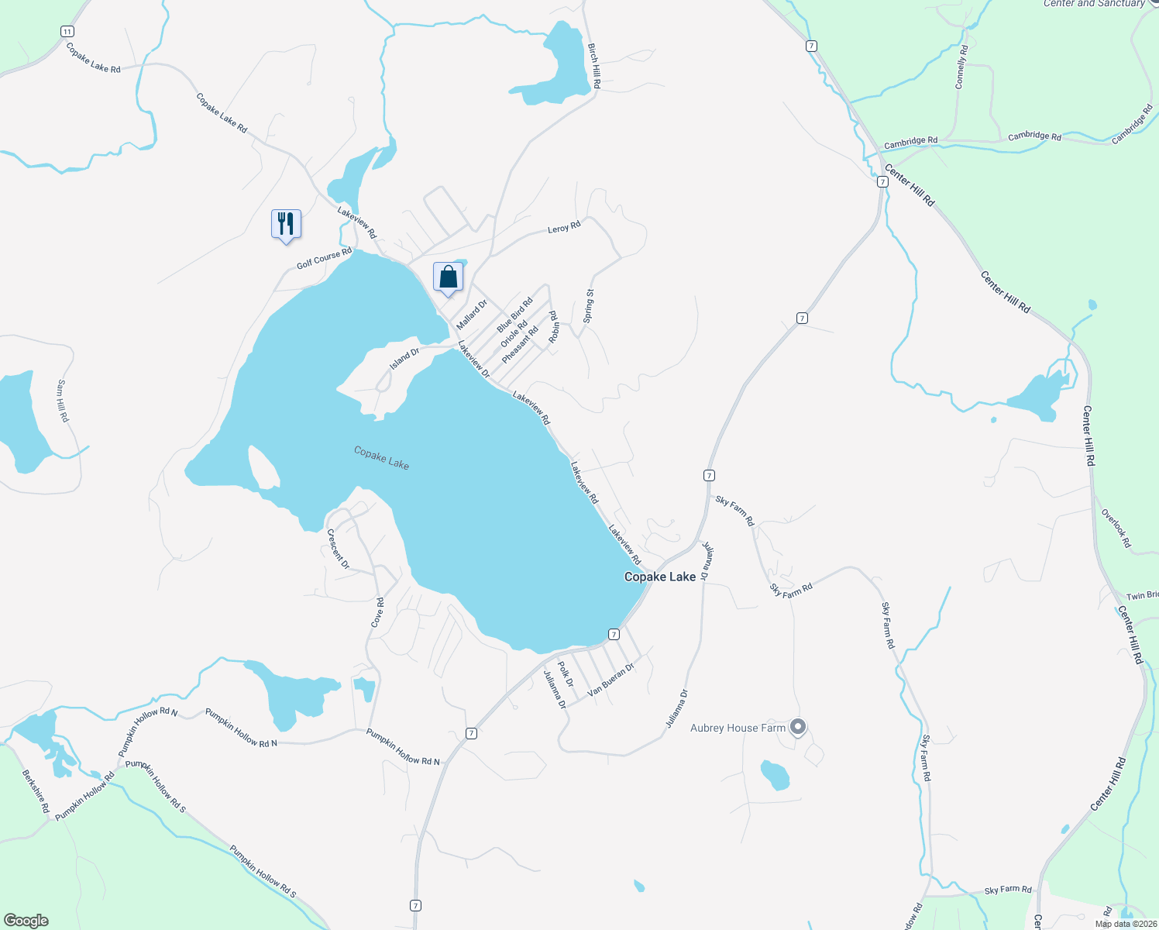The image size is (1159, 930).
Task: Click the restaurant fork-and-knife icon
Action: coord(286,224)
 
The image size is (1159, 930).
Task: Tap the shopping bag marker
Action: coord(448,277)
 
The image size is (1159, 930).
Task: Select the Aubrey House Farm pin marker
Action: coord(799,727)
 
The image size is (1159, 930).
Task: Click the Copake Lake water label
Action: coord(381,457)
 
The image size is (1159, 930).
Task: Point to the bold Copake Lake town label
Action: coord(660,577)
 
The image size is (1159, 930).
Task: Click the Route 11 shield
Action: coord(67,31)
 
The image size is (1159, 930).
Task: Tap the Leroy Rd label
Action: coord(564,228)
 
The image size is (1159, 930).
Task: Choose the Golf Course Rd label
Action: coord(324,259)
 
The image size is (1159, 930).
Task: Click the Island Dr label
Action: coord(404,358)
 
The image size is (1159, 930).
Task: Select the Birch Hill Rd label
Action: coord(594,65)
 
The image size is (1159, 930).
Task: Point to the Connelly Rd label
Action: coord(961,67)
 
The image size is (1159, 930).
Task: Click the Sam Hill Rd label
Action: coord(63,401)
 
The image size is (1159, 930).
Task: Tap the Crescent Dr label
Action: coord(338,549)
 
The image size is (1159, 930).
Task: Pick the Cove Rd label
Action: coord(377,612)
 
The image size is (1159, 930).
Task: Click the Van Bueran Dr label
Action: coord(611,680)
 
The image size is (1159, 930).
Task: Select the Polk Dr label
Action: coord(566,674)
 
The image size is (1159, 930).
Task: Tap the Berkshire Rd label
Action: coord(36,791)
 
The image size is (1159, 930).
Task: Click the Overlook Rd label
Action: coord(1116,528)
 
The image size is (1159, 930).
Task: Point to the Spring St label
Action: coord(589,306)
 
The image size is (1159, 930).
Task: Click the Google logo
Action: coord(26,921)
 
